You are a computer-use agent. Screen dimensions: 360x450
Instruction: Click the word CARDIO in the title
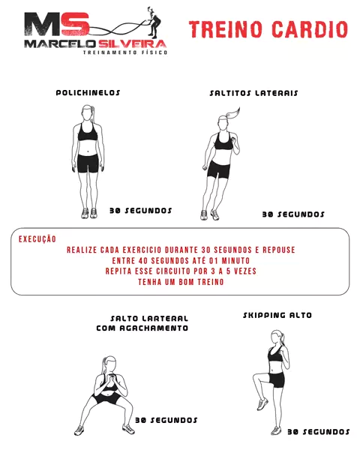click(x=310, y=29)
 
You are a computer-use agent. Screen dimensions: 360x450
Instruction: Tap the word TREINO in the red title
click(x=226, y=29)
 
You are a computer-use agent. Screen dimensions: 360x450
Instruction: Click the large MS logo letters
click(x=56, y=24)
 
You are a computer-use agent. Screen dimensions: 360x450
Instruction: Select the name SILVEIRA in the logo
click(x=132, y=44)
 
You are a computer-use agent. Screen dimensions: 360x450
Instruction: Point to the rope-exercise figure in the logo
click(x=154, y=22)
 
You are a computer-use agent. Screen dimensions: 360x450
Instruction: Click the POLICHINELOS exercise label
click(x=88, y=93)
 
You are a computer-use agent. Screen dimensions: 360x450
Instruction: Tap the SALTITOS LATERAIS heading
click(x=253, y=93)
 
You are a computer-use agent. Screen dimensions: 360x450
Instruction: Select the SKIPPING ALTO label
click(x=277, y=315)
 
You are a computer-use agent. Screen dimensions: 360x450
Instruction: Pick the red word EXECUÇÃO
click(x=37, y=239)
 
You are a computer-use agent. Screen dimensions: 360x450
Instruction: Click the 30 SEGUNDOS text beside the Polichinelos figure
click(x=141, y=211)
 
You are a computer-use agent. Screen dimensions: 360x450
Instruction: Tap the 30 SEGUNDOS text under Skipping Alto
click(x=318, y=432)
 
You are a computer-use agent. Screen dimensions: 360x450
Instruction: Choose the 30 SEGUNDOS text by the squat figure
click(x=166, y=420)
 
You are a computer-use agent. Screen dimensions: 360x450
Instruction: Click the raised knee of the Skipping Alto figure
click(x=256, y=376)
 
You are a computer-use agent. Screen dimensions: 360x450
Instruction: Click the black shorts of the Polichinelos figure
click(x=88, y=163)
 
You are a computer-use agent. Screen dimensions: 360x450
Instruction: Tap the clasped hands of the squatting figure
click(x=110, y=378)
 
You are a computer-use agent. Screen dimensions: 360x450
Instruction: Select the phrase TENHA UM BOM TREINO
click(x=181, y=282)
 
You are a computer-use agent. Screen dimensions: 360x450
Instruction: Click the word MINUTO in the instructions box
click(x=235, y=260)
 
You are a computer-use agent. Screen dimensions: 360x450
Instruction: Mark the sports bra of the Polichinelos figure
click(x=88, y=133)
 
